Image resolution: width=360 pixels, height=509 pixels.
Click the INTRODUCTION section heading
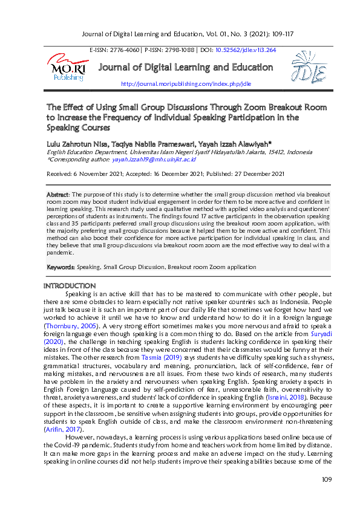coord(70,285)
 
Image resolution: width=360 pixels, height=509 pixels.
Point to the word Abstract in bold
coord(57,193)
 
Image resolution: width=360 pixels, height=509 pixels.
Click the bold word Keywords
coord(61,267)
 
